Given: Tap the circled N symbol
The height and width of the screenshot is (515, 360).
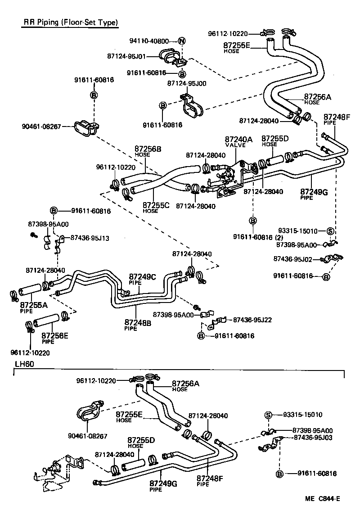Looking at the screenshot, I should click(x=182, y=41).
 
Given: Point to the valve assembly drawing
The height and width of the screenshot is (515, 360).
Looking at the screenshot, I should click(x=229, y=176).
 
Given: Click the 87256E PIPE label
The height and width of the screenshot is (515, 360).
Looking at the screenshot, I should click(x=55, y=338).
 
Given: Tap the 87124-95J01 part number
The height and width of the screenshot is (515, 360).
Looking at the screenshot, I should click(x=126, y=56).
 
